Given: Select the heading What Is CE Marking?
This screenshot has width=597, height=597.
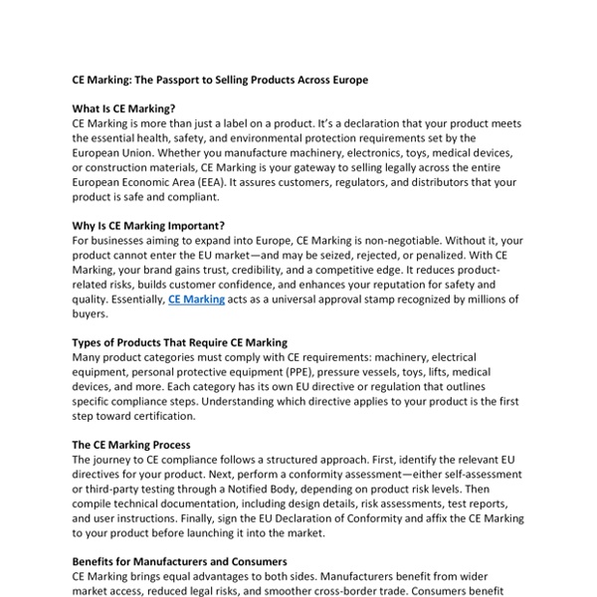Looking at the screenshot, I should [x=123, y=108].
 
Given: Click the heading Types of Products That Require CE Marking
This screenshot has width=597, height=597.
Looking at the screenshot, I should [x=179, y=341].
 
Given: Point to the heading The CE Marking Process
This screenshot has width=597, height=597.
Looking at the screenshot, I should [x=131, y=444].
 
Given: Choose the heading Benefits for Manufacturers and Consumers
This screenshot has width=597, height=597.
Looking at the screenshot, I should [x=179, y=561].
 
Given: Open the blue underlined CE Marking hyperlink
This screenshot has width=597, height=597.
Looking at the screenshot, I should [x=196, y=298].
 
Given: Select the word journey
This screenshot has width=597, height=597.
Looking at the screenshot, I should [x=117, y=459].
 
